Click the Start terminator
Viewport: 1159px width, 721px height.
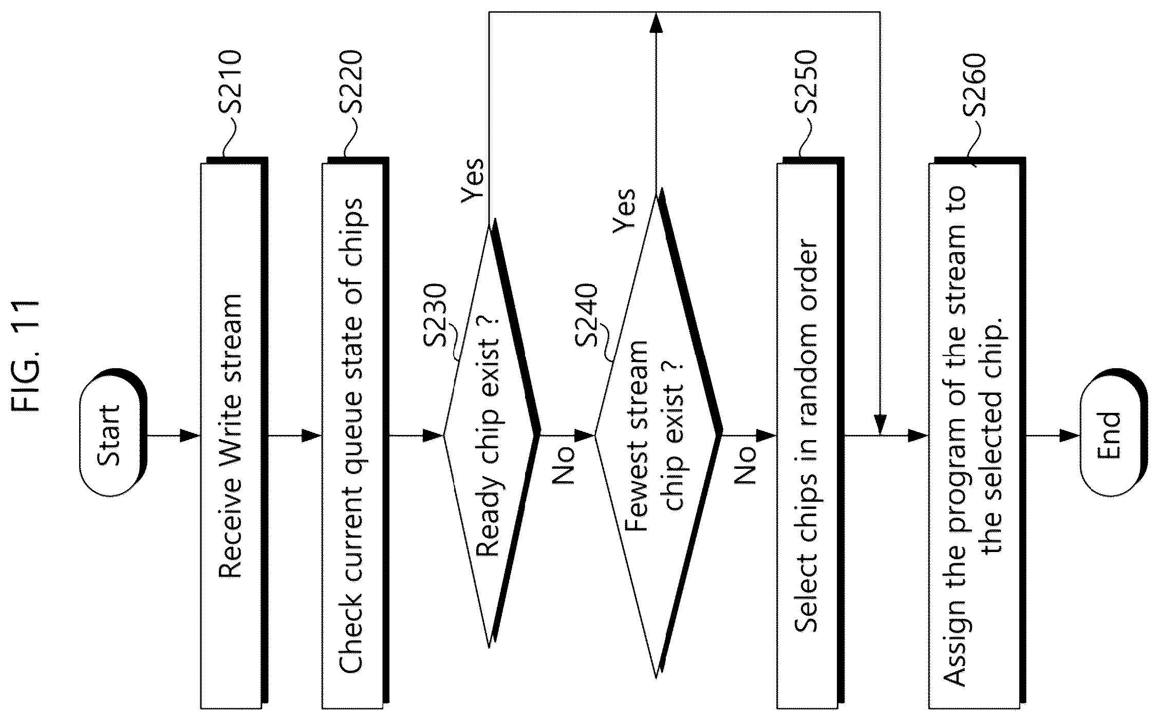click(x=113, y=436)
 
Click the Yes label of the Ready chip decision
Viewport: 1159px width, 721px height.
click(x=473, y=179)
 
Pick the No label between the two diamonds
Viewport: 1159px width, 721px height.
click(x=563, y=465)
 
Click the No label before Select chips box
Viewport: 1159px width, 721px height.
click(x=745, y=465)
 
